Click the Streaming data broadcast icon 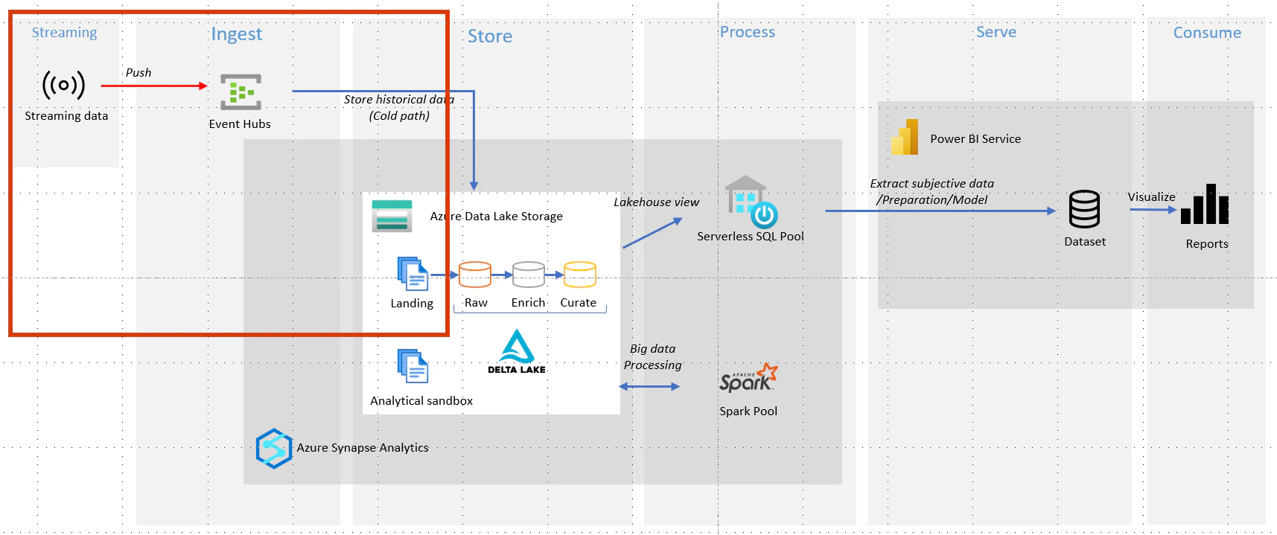(x=63, y=85)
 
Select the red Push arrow (x=154, y=86)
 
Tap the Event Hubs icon (x=241, y=92)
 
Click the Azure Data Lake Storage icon (x=392, y=216)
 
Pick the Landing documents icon (x=413, y=274)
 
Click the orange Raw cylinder (x=475, y=275)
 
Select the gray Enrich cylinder (x=529, y=275)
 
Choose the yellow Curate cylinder (x=580, y=275)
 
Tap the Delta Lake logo (x=517, y=351)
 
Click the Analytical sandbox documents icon (x=413, y=366)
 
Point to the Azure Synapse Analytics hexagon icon (x=274, y=448)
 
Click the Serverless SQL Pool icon (x=751, y=202)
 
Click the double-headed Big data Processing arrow (x=649, y=386)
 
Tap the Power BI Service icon (x=905, y=138)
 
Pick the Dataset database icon (x=1084, y=209)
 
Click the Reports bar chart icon (x=1205, y=204)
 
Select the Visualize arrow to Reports (x=1153, y=210)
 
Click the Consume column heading (x=1207, y=33)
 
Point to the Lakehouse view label (x=656, y=202)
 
